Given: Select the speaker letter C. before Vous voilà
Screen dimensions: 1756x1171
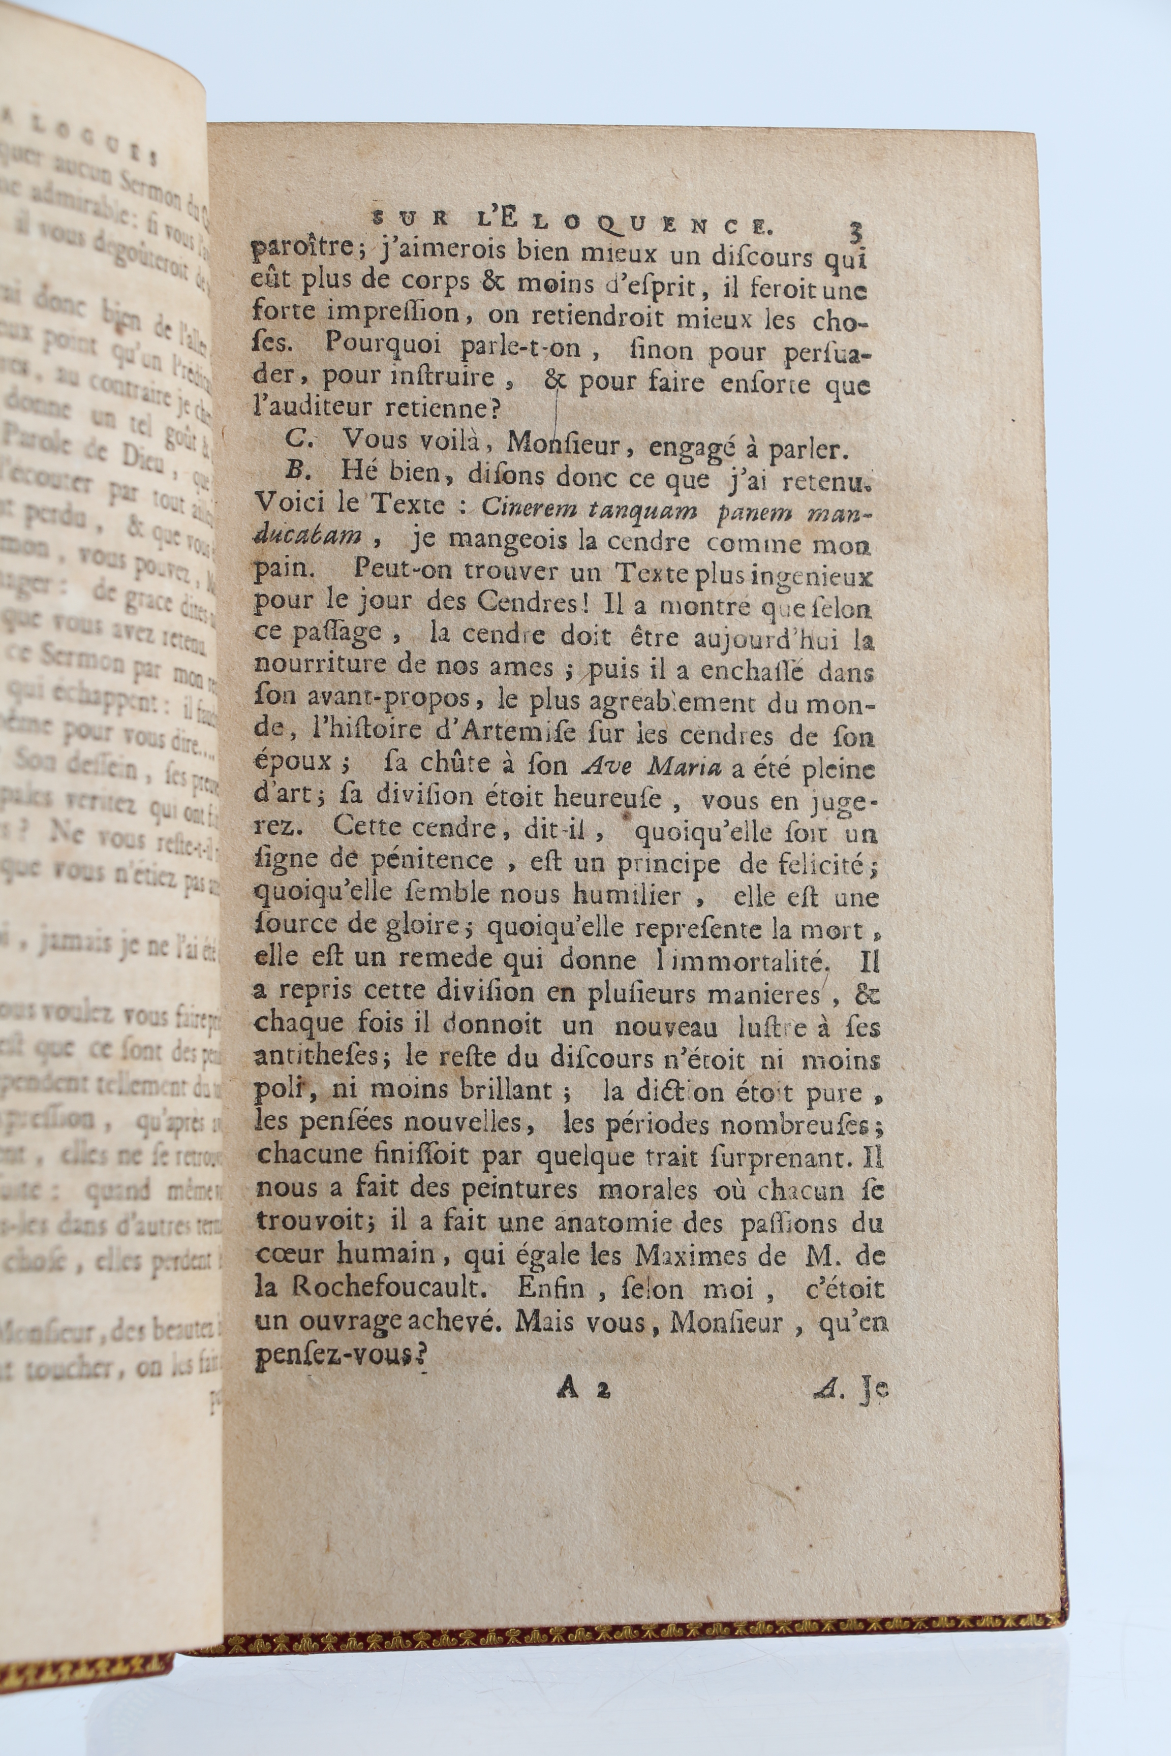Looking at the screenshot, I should pos(297,441).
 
